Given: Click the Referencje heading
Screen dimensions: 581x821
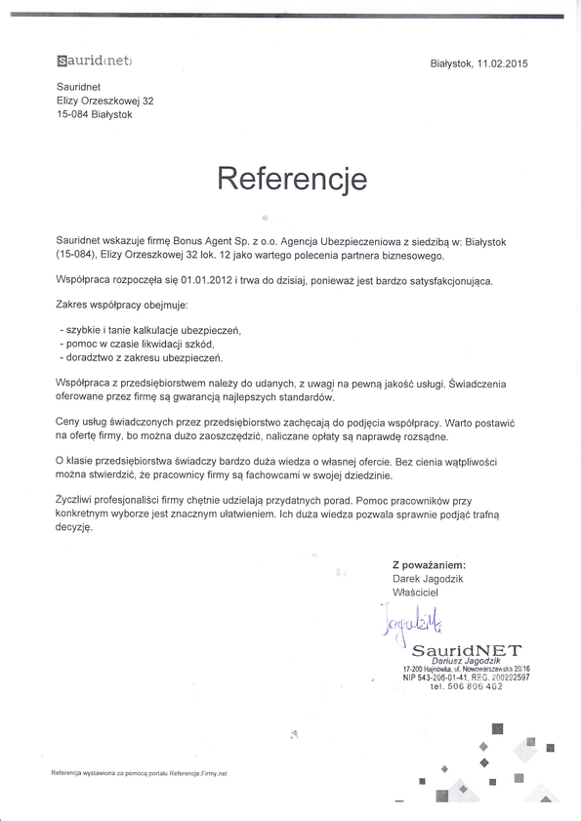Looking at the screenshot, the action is click(x=291, y=180).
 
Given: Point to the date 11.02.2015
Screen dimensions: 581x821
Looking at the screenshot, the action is click(x=502, y=63).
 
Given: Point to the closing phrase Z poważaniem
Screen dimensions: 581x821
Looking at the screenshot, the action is click(x=428, y=564).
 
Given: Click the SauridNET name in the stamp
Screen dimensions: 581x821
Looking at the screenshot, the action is click(x=453, y=649).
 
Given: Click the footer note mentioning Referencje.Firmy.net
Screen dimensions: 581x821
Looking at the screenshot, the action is click(x=139, y=772).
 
